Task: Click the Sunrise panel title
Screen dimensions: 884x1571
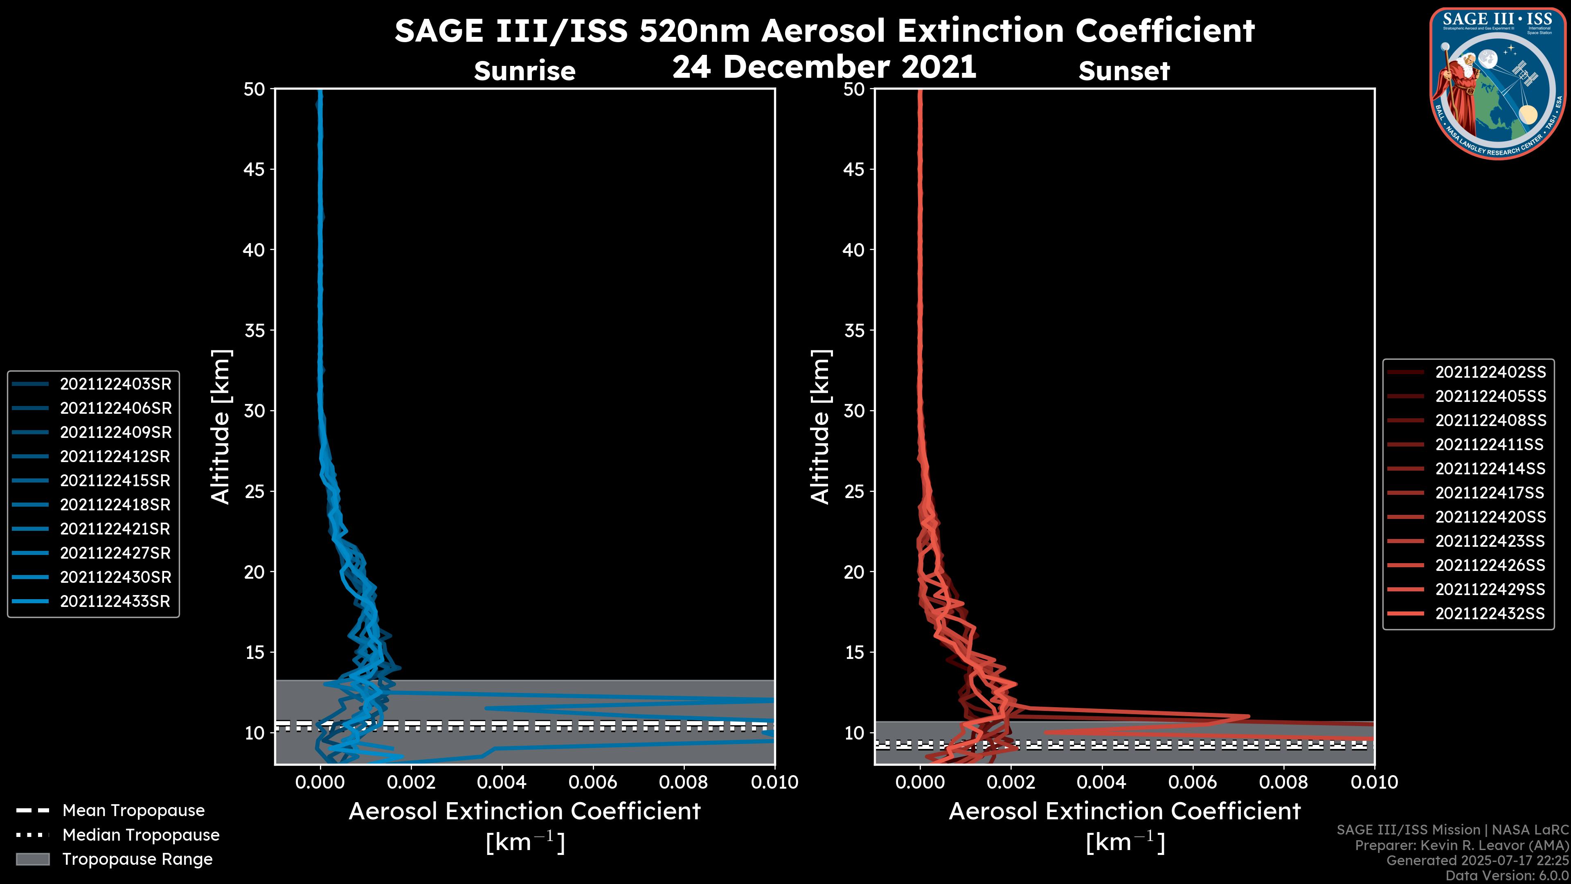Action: point(524,71)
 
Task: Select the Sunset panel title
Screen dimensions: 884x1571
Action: point(1124,71)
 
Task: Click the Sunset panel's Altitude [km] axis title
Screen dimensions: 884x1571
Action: point(821,426)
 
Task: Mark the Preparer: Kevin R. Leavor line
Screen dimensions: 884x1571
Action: point(1461,845)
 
